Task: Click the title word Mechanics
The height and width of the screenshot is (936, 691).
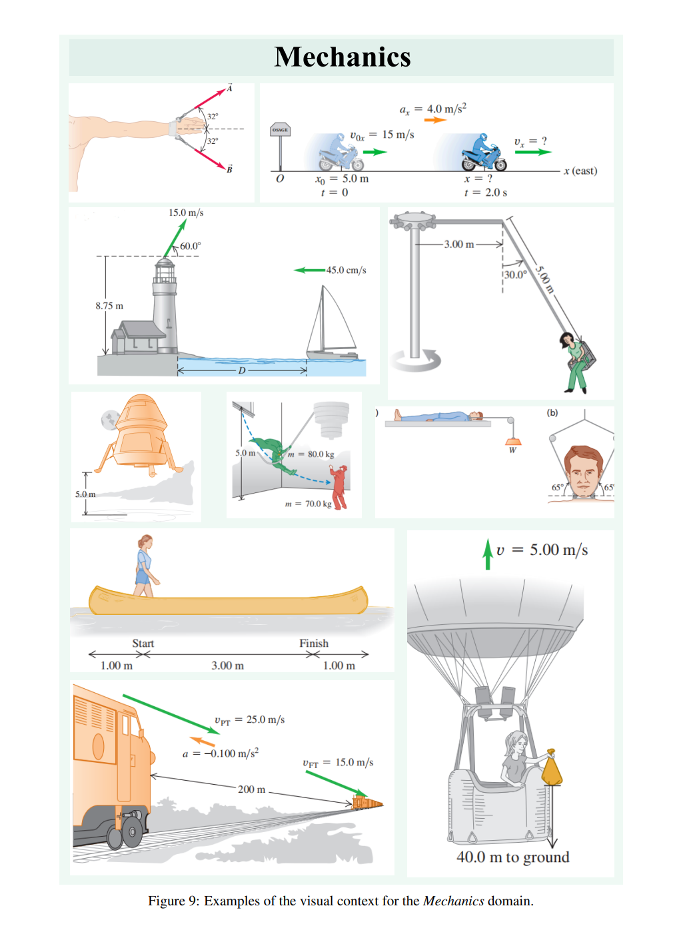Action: coord(342,57)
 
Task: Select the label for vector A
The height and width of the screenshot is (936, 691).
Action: coord(230,88)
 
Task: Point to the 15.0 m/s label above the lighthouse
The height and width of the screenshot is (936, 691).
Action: coord(186,213)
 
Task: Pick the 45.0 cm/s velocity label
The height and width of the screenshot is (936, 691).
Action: coord(346,270)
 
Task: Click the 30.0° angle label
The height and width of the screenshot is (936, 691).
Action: coord(515,274)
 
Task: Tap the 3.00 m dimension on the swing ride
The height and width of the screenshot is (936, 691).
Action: coord(459,244)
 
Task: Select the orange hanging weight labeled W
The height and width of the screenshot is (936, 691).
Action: coord(513,442)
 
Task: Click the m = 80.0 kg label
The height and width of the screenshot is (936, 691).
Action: coord(311,454)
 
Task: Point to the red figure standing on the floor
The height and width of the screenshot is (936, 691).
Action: coord(340,487)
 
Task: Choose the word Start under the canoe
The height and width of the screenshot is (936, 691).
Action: coord(143,643)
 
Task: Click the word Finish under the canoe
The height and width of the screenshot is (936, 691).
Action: coord(314,643)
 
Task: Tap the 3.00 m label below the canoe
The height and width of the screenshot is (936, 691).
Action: coord(227,666)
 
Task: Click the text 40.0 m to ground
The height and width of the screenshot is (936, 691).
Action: coord(512,857)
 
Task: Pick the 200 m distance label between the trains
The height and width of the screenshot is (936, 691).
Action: coord(252,789)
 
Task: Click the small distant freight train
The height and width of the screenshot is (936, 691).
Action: coord(367,802)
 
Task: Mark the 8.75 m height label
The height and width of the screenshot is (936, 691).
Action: coord(109,306)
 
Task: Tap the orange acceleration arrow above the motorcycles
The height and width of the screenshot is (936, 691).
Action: coord(435,121)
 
